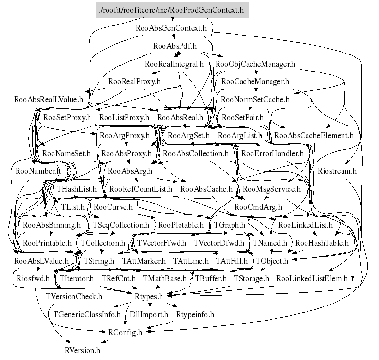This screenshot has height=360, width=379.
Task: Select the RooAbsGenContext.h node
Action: [x=172, y=28]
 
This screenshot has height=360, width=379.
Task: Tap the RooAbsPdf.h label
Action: [x=175, y=46]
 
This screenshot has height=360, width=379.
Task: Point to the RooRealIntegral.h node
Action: [x=174, y=64]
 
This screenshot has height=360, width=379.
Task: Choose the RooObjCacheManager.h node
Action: [x=255, y=64]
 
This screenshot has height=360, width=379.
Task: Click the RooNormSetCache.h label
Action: [x=255, y=100]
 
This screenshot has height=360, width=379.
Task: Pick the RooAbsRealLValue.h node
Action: [x=49, y=100]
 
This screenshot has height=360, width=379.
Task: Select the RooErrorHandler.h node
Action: [x=272, y=153]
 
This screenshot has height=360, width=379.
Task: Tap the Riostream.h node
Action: [x=337, y=171]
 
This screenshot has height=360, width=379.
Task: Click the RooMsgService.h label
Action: [x=271, y=189]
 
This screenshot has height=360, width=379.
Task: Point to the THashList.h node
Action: [x=77, y=189]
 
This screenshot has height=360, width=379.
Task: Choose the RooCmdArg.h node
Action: [x=258, y=207]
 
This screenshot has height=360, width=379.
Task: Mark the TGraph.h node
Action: [x=230, y=225]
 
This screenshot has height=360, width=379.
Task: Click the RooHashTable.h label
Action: [x=322, y=242]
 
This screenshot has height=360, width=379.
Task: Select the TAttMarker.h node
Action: [x=144, y=261]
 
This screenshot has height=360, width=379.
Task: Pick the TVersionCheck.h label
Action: [x=73, y=296]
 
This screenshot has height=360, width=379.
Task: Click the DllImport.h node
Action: [x=149, y=314]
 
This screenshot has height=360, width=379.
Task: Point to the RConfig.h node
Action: [x=122, y=332]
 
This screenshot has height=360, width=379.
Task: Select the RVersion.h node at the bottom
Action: [x=82, y=350]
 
